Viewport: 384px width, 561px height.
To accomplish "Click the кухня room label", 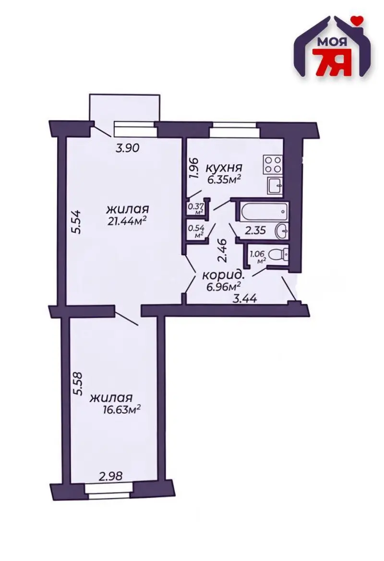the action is pos(224,167).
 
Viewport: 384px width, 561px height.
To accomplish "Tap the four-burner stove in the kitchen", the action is pos(273,165).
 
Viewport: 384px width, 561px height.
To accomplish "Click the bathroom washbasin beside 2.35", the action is pos(282,231).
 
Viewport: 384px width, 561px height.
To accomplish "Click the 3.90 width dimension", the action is pos(127,148).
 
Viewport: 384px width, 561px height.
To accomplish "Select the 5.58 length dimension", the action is pos(77,384).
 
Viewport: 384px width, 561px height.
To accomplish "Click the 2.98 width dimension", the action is pos(110,476).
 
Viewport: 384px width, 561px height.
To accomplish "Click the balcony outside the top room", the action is pos(124,107).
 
